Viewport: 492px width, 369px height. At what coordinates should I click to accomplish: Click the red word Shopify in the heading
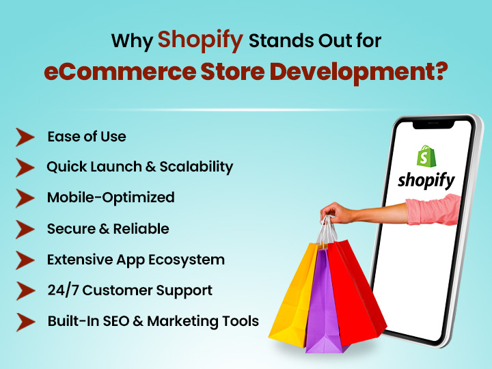point(200,41)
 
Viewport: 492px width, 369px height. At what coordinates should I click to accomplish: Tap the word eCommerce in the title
point(120,72)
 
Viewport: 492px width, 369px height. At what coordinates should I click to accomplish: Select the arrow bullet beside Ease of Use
point(25,137)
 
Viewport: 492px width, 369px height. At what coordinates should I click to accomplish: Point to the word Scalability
point(196,167)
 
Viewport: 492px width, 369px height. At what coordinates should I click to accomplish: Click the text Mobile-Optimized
point(111,197)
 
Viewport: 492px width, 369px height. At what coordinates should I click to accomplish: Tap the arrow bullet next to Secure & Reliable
point(25,230)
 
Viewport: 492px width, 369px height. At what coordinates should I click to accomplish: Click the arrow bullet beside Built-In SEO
point(26,322)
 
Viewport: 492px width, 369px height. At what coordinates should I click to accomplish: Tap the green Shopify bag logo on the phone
point(426,156)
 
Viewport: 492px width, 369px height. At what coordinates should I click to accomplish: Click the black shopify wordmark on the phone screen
point(426,180)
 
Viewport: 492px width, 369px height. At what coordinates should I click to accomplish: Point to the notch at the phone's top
point(433,124)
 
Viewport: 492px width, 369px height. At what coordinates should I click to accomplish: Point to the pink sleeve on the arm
point(433,209)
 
